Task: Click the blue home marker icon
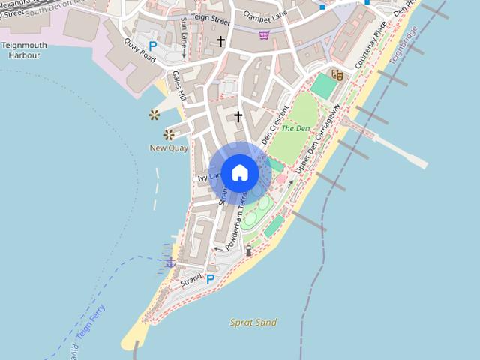coord(239,172)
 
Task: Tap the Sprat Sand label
coord(253,322)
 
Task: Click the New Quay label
coord(169,148)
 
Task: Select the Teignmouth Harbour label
coord(24,50)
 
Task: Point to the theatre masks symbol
coord(337,74)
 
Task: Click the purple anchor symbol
coord(170,262)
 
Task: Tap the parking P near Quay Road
coord(153,46)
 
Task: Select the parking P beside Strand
coord(211,279)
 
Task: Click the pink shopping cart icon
coord(264,34)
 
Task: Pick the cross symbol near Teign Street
coord(220,41)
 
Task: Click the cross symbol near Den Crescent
coord(238,116)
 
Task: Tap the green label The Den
coord(295,128)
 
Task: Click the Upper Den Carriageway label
coord(318,139)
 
